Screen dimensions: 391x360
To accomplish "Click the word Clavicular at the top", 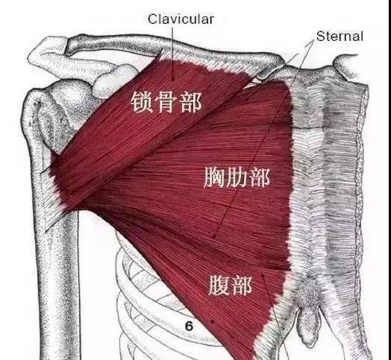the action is pos(181,19).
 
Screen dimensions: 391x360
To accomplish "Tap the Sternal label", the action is pos(340,37).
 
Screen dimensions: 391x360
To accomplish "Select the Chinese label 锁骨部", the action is pos(166,102).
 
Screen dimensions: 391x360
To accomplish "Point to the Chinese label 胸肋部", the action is pos(237,177).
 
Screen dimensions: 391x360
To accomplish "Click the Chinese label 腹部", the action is pos(230,285).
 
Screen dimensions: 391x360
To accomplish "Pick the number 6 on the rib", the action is pos(189,326).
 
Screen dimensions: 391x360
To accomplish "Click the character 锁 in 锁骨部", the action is pos(141,102).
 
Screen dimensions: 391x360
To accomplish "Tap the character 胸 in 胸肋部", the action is pos(214,177).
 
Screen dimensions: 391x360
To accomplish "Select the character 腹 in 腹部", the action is pos(219,285).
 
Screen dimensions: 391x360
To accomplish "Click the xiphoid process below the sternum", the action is pos(310,324).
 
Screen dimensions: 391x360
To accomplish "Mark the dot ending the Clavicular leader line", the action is pos(172,79).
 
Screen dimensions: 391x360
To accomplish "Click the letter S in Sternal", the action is pos(320,37).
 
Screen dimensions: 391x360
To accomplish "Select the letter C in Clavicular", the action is pos(153,19).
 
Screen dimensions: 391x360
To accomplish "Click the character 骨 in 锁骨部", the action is pos(166,102).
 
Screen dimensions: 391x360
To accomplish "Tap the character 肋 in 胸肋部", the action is pos(237,177).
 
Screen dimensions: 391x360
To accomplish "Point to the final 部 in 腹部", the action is pos(241,285).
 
